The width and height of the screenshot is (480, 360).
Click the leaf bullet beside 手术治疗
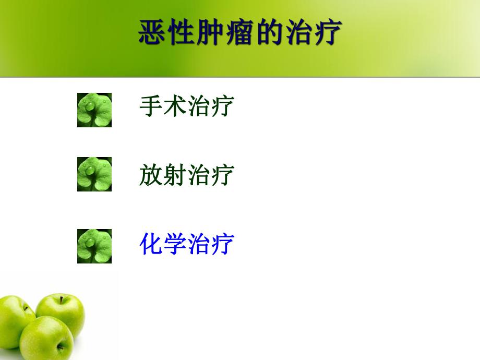pyautogui.click(x=94, y=110)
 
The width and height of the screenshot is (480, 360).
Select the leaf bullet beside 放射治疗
pyautogui.click(x=94, y=174)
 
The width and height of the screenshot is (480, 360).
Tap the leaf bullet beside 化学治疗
pyautogui.click(x=94, y=246)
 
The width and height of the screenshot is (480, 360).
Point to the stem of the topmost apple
pyautogui.click(x=61, y=299)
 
